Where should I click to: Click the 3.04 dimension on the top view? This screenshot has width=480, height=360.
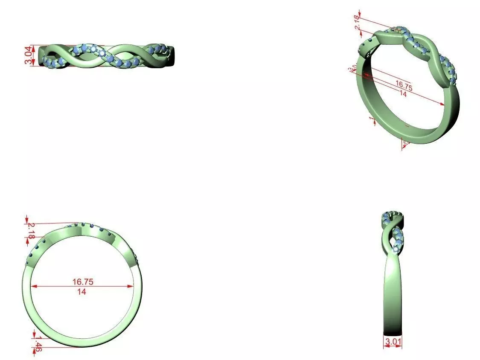28,56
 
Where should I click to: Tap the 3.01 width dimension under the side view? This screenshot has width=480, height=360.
393,342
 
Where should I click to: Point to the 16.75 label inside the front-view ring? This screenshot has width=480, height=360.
83,282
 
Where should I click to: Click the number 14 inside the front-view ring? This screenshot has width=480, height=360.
81,292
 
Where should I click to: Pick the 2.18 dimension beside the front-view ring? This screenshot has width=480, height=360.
31,230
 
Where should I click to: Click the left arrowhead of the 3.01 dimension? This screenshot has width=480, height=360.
384,347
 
